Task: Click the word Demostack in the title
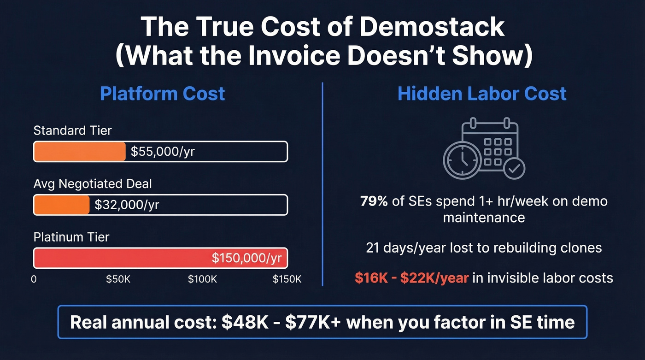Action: pyautogui.click(x=432, y=27)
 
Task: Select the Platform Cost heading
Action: pyautogui.click(x=162, y=94)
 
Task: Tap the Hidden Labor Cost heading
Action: pyautogui.click(x=482, y=94)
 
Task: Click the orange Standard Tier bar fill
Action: pyautogui.click(x=79, y=152)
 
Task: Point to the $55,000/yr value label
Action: pyautogui.click(x=163, y=152)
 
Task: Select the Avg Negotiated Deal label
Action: pyautogui.click(x=93, y=184)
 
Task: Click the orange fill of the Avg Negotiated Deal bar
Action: pyautogui.click(x=62, y=205)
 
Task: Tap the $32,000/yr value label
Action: pyautogui.click(x=127, y=205)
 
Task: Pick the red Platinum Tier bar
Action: pyautogui.click(x=138, y=258)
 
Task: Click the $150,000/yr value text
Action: pyautogui.click(x=246, y=258)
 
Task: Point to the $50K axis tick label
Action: pyautogui.click(x=118, y=279)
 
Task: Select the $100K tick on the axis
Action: pyautogui.click(x=202, y=279)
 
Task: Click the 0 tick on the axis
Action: pyautogui.click(x=34, y=279)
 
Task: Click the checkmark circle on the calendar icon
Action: pyautogui.click(x=514, y=169)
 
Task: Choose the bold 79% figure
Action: pyautogui.click(x=374, y=201)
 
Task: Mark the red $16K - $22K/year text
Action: pyautogui.click(x=411, y=277)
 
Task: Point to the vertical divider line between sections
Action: pyautogui.click(x=322, y=184)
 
